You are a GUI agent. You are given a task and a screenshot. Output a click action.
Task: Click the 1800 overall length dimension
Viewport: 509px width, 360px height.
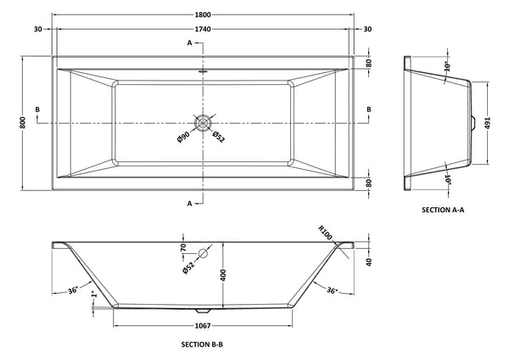pyautogui.click(x=202, y=14)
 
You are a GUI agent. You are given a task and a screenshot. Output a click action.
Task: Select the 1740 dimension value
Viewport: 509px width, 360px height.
pyautogui.click(x=202, y=30)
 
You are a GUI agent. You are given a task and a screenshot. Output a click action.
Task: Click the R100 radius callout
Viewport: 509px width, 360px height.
pyautogui.click(x=325, y=231)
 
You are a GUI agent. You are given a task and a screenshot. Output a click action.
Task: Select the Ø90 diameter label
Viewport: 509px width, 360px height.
pyautogui.click(x=183, y=138)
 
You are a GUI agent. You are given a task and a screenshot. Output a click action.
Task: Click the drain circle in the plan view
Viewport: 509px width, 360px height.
pyautogui.click(x=202, y=122)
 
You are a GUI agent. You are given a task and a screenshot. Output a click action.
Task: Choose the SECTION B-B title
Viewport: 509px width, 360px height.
pyautogui.click(x=202, y=345)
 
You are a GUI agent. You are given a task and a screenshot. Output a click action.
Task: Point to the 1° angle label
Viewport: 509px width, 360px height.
pyautogui.click(x=93, y=295)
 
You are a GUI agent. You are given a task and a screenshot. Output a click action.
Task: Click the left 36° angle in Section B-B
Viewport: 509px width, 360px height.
pyautogui.click(x=75, y=291)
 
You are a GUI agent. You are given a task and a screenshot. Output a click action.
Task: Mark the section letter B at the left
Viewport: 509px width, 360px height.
pyautogui.click(x=36, y=110)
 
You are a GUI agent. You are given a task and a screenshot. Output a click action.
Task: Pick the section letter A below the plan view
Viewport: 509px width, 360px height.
pyautogui.click(x=190, y=203)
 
